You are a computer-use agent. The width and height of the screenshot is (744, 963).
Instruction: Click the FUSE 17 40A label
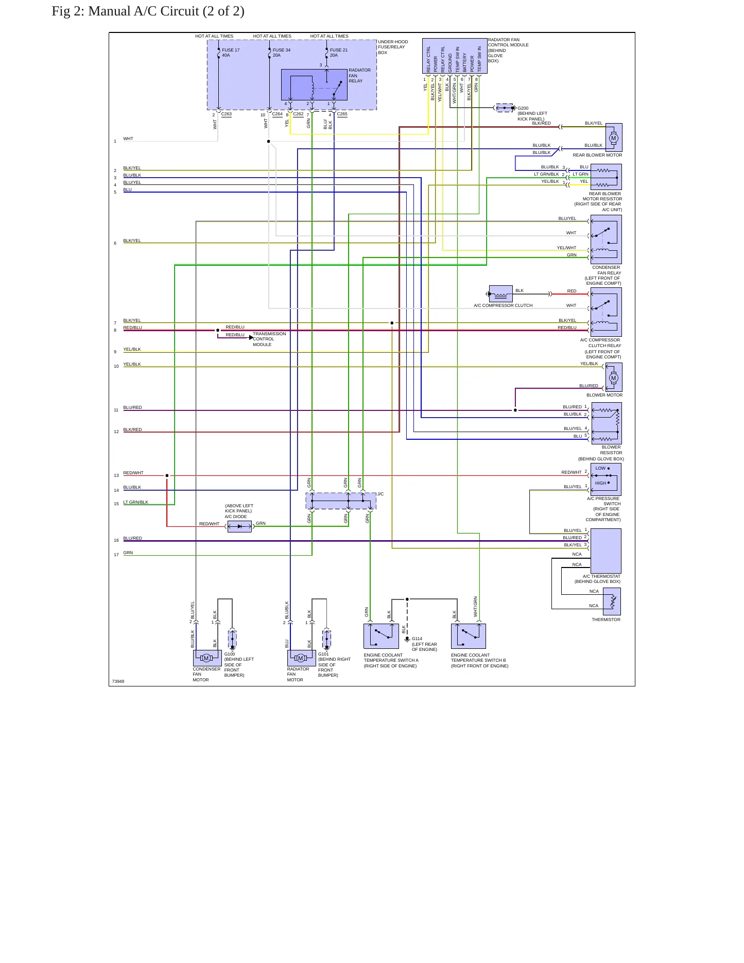pos(231,53)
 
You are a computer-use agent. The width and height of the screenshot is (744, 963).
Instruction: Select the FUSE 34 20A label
pos(282,53)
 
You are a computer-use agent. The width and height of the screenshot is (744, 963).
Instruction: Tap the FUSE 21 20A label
pos(339,53)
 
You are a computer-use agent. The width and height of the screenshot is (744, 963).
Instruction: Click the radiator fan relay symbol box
pos(314,84)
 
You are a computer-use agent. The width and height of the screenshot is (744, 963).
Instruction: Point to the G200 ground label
pos(523,109)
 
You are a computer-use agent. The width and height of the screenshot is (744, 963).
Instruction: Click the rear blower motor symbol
pos(614,137)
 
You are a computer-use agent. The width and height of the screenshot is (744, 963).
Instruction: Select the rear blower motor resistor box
pos(606,177)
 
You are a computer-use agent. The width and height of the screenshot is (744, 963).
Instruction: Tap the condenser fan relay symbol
pos(606,239)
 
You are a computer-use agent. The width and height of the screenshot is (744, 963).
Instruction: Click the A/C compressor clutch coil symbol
pos(500,294)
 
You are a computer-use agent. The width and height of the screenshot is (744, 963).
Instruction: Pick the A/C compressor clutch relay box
pos(606,312)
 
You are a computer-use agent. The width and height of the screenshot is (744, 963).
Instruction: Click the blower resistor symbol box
pos(607,423)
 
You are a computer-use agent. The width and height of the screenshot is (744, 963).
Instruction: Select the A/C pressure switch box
pos(606,479)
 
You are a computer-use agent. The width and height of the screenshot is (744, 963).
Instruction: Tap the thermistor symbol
pos(612,601)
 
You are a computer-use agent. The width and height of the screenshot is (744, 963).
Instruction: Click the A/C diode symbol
pos(239,526)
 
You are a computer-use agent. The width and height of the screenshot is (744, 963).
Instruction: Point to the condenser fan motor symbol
pos(207,658)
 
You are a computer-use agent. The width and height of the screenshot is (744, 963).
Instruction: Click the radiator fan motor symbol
pos(301,658)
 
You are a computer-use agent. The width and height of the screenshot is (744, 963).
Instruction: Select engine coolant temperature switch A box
pos(381,636)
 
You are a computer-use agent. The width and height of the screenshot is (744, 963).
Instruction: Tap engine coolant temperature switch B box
pos(469,636)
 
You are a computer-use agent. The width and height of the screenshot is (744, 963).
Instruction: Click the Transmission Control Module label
pos(269,339)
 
